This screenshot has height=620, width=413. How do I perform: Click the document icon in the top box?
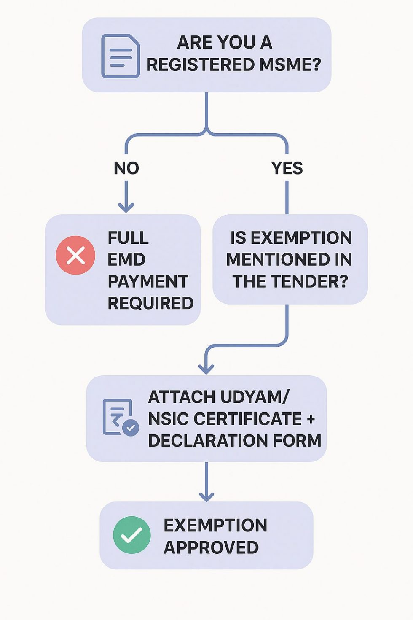121,56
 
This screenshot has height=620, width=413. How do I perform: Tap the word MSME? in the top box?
290,65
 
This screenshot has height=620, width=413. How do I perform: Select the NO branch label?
126,168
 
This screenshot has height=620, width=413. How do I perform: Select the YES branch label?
287,168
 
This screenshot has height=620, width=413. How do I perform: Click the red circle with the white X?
76,255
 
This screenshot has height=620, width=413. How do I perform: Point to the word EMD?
126,259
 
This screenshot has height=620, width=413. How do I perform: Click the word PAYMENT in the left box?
148,281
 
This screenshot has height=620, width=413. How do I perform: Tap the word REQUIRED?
150,303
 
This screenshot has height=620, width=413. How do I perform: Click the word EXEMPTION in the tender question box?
301,238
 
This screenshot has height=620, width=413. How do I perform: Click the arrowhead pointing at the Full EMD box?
126,207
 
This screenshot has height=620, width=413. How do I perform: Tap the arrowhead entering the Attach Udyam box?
206,369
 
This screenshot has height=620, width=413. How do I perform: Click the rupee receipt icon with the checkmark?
120,417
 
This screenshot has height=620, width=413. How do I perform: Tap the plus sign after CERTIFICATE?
311,419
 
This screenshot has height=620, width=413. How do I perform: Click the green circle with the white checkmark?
132,535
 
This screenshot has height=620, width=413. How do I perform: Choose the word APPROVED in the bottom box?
211,547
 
